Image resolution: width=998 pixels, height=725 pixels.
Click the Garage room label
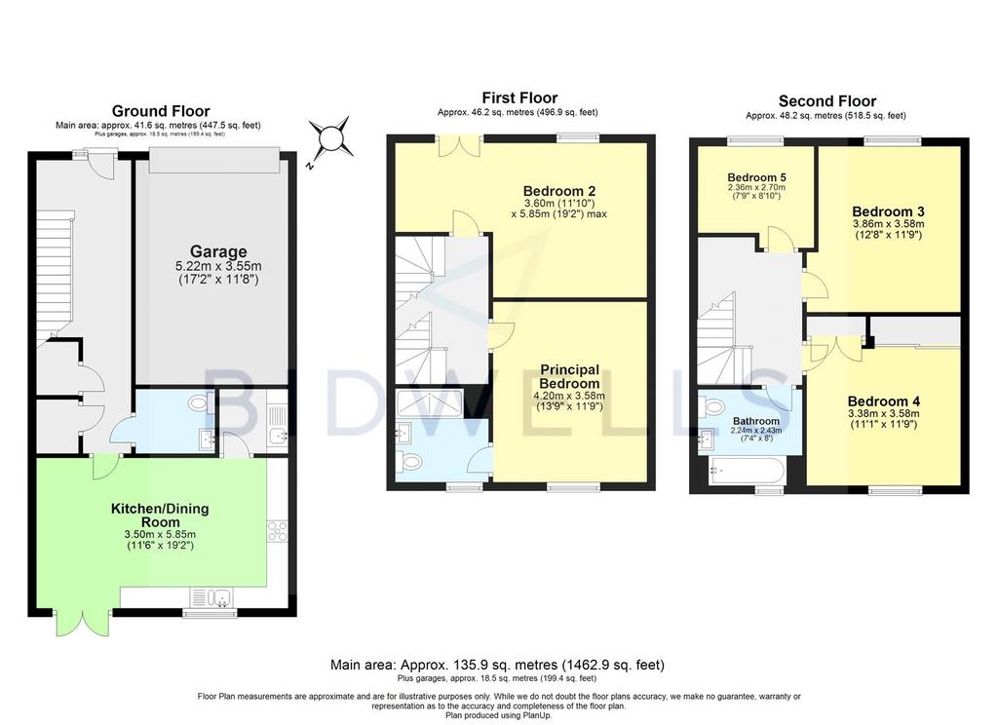(x=218, y=251)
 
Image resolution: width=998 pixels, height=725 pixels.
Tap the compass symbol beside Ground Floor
(x=330, y=137)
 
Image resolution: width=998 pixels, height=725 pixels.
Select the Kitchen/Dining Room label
(x=160, y=515)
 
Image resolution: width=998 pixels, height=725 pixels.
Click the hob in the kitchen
(x=278, y=531)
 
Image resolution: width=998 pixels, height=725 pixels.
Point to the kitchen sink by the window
(x=211, y=597)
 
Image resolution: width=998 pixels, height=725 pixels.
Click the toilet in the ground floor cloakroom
(x=201, y=402)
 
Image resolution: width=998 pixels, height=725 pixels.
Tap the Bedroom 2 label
(x=559, y=191)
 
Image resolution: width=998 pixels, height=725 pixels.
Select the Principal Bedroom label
(x=569, y=376)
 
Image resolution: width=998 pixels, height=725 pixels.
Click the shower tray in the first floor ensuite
(x=429, y=402)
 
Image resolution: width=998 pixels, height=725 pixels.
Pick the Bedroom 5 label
(x=752, y=177)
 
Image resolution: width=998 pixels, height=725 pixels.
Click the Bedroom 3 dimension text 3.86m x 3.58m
(x=889, y=224)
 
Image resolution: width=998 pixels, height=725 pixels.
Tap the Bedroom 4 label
(x=884, y=401)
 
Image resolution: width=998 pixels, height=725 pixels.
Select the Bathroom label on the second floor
(x=756, y=421)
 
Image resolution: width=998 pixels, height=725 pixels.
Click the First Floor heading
(x=519, y=98)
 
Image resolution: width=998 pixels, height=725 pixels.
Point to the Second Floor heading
(x=827, y=101)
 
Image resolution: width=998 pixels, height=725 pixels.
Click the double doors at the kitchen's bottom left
(x=83, y=623)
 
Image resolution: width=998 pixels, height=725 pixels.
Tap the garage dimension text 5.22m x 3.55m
(x=218, y=267)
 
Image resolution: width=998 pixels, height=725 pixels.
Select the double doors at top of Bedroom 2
(x=459, y=146)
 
